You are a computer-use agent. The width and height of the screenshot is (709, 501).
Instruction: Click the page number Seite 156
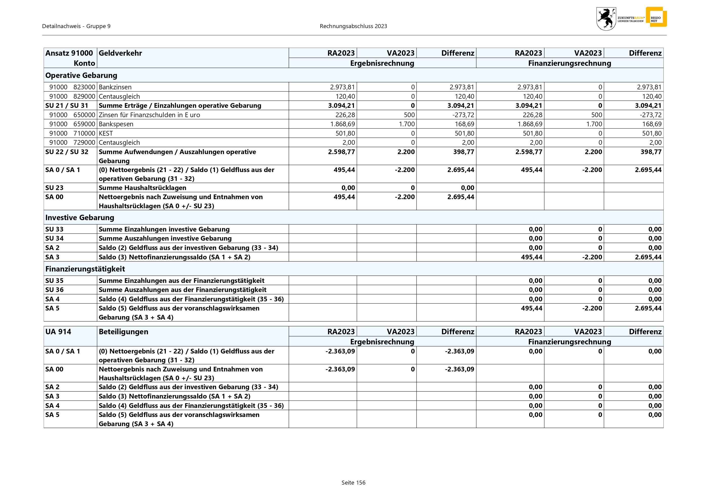(353, 483)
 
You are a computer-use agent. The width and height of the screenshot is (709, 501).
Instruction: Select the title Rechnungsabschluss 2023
(353, 26)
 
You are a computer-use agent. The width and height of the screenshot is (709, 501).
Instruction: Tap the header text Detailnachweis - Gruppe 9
(76, 26)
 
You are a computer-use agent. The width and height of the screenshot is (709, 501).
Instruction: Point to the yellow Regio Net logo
(656, 17)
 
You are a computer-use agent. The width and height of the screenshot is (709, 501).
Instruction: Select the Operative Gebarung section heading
(81, 75)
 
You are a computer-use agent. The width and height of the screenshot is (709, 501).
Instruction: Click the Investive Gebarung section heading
(80, 218)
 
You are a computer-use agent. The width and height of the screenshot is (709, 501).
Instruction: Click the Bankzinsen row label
(115, 87)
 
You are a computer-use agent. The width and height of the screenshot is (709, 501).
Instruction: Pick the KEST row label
(106, 133)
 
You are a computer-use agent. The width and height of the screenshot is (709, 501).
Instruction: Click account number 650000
(84, 115)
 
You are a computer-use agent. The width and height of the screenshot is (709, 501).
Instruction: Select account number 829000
(84, 96)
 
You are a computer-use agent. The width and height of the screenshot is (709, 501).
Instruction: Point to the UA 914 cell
(58, 332)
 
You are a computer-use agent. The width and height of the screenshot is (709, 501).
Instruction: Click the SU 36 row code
(54, 290)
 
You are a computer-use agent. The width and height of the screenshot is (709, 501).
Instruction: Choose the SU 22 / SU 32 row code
(67, 152)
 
